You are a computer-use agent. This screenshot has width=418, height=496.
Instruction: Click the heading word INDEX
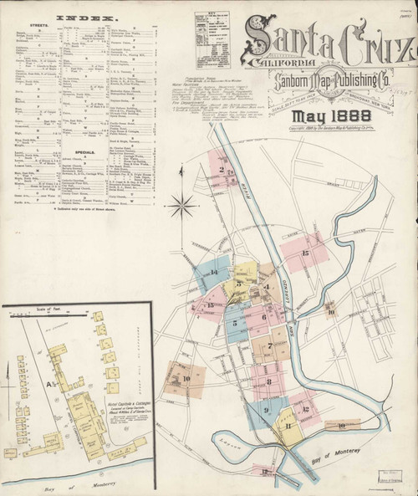click(86, 17)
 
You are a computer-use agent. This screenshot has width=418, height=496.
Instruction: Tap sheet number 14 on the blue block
click(215, 272)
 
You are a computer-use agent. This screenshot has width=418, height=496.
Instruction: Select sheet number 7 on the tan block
click(270, 345)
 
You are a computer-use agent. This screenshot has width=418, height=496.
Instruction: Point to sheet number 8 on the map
click(268, 381)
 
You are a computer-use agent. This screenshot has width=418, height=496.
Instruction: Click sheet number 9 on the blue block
click(265, 410)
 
